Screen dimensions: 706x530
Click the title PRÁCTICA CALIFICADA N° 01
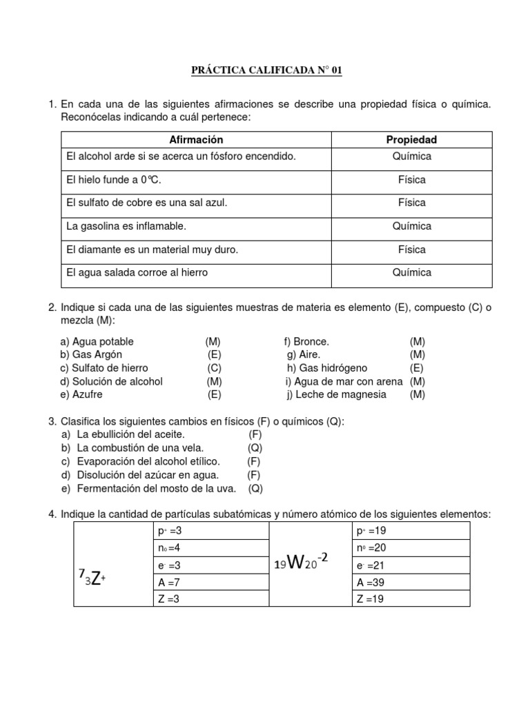[266, 70]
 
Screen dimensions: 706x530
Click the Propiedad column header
[411, 140]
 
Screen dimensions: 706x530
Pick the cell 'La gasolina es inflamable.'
[126, 226]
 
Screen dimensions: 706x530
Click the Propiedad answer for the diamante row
[411, 250]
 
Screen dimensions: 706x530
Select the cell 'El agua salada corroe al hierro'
[137, 272]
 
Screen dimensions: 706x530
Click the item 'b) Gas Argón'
[91, 354]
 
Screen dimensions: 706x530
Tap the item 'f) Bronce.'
[307, 341]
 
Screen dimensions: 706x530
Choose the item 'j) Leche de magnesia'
[337, 394]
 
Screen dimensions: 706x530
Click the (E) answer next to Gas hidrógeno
[416, 368]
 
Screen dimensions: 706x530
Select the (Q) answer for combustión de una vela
[255, 448]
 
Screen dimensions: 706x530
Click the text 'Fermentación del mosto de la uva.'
[157, 488]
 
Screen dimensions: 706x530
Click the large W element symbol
[296, 563]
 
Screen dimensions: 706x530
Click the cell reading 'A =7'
[170, 581]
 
